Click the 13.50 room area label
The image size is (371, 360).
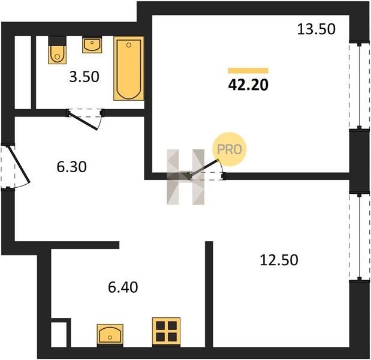point(316,29)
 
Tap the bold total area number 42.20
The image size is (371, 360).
point(248,85)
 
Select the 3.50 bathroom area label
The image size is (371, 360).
point(85,77)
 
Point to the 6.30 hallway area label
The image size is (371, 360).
point(71,167)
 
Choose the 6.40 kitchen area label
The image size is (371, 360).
point(123,287)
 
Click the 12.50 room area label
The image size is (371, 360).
point(279,260)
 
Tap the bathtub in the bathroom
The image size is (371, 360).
point(129,68)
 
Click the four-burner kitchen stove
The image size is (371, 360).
point(167,331)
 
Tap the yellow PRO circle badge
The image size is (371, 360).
point(230,149)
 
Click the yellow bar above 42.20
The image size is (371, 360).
point(248,71)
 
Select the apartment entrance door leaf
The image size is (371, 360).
point(19,164)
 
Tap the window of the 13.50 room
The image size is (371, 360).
point(360,86)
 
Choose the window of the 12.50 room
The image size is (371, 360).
point(360,237)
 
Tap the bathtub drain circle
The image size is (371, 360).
point(129,45)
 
